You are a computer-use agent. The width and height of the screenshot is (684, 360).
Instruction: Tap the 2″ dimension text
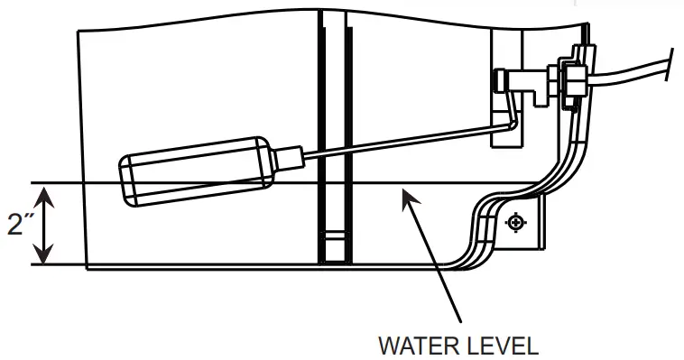pos(17,224)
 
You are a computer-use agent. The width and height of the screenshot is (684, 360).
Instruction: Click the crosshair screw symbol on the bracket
pos(515,221)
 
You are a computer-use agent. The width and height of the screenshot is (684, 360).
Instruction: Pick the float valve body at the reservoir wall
pos(529,86)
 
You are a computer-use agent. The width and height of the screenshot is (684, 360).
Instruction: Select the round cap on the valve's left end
pos(499,81)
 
